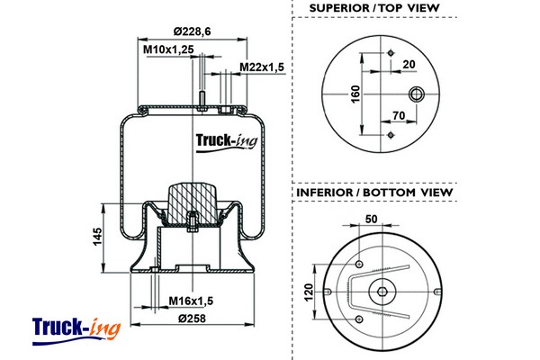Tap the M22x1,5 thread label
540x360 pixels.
262,67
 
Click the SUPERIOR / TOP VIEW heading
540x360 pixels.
373,8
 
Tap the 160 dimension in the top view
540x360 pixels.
355,93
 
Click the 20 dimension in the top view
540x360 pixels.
409,64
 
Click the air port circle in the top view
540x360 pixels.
417,93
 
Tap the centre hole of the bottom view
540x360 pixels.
382,291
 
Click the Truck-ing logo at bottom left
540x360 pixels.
76,328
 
